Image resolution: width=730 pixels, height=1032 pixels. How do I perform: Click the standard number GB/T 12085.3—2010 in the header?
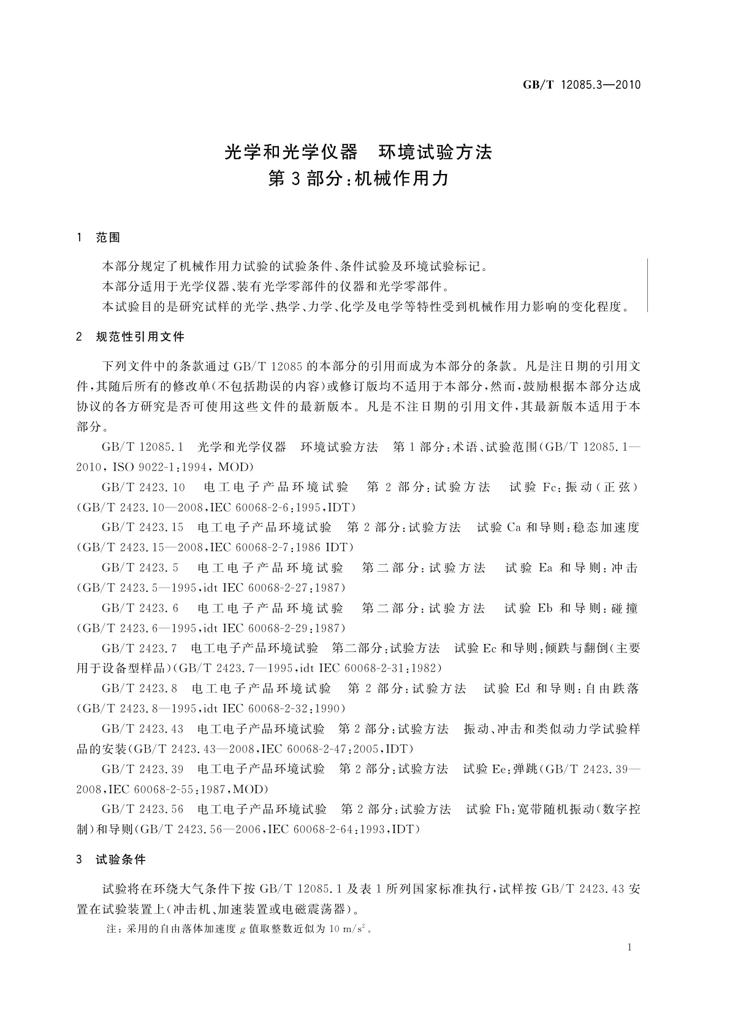click(582, 85)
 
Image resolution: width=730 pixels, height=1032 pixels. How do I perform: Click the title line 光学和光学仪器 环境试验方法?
click(359, 152)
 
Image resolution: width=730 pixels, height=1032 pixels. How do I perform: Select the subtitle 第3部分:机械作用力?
click(359, 178)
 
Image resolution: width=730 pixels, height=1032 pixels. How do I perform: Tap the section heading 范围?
click(108, 238)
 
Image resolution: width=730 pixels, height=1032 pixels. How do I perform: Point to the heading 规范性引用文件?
click(140, 336)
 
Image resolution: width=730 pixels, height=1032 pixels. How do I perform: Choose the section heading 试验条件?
click(121, 860)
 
